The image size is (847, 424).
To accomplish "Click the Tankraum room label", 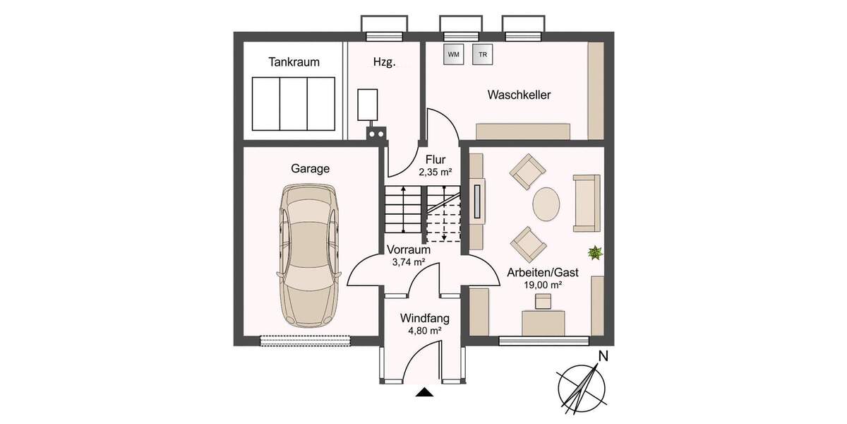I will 294,62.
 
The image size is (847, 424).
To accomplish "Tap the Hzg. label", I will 384,62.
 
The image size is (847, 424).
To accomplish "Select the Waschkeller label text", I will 519,95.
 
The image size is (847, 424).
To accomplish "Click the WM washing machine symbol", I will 452,54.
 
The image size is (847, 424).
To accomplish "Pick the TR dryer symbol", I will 483,54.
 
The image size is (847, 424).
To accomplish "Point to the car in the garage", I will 310,256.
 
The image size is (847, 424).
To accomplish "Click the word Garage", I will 311,169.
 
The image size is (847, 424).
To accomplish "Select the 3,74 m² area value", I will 408,261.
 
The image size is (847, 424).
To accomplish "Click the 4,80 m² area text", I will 424,330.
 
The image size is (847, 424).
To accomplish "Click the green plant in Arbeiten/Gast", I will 596,252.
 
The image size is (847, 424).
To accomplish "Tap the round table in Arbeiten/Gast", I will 546,205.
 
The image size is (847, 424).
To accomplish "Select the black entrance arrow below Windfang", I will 424,393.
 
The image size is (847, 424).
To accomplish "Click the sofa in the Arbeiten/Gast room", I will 587,203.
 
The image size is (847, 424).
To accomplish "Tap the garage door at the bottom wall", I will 305,341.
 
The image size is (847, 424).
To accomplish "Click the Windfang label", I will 424,318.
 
